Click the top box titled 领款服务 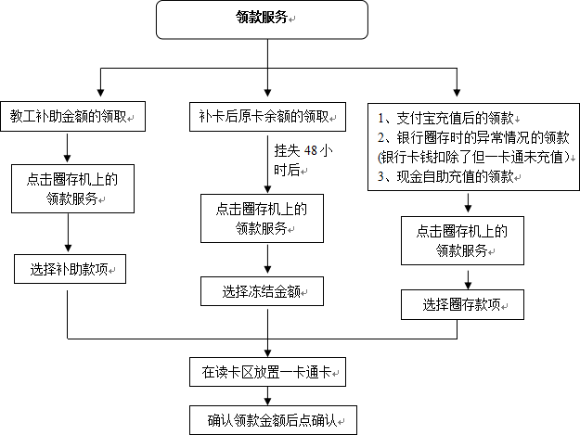pyautogui.click(x=262, y=19)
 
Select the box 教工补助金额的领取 pyautogui.click(x=73, y=117)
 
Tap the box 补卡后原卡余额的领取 pyautogui.click(x=267, y=117)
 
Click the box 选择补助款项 pyautogui.click(x=70, y=269)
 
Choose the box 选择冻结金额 pyautogui.click(x=262, y=291)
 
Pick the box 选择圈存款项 pyautogui.click(x=462, y=304)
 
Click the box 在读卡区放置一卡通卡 pyautogui.click(x=267, y=372)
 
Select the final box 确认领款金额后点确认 pyautogui.click(x=273, y=420)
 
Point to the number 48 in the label pyautogui.click(x=310, y=150)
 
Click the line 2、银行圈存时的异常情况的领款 pyautogui.click(x=473, y=137)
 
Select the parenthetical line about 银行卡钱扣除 pyautogui.click(x=474, y=157)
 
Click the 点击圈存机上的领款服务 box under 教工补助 pyautogui.click(x=73, y=189)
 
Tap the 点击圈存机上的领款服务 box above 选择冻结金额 pyautogui.click(x=262, y=218)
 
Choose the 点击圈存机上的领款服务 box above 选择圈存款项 pyautogui.click(x=462, y=240)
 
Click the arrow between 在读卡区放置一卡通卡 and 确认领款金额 pyautogui.click(x=267, y=396)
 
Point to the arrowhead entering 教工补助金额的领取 pyautogui.click(x=100, y=93)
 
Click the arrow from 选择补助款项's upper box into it pyautogui.click(x=68, y=234)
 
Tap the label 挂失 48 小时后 pyautogui.click(x=303, y=160)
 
